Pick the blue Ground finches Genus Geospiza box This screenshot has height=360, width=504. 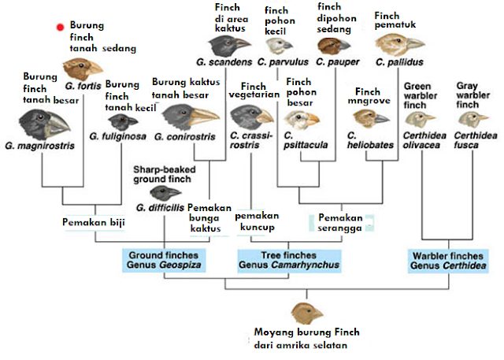click(x=164, y=259)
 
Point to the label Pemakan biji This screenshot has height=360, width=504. click(x=94, y=222)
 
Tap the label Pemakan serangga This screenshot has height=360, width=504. click(x=341, y=222)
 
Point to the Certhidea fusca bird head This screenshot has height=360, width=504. click(x=472, y=117)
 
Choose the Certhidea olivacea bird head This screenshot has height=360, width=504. click(x=419, y=118)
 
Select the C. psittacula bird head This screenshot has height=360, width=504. click(x=303, y=119)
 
